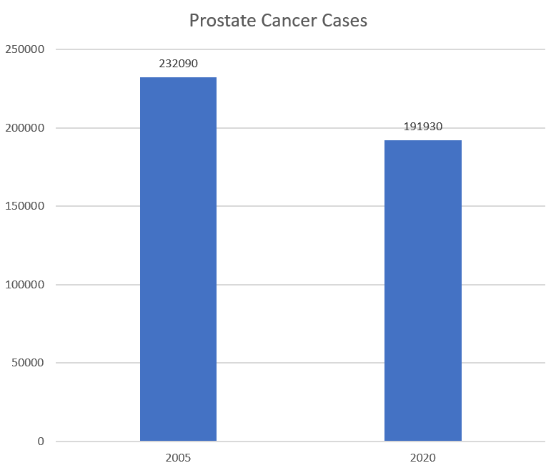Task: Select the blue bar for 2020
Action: click(x=423, y=290)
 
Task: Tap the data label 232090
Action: click(x=178, y=64)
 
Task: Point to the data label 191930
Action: click(x=423, y=127)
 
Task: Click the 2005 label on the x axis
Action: click(x=178, y=457)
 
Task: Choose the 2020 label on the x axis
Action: click(x=423, y=457)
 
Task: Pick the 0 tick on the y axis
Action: click(x=40, y=442)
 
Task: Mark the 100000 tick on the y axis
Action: click(x=26, y=285)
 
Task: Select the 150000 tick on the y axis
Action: click(x=26, y=206)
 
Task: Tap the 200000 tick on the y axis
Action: click(x=26, y=128)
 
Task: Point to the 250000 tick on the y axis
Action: click(x=26, y=49)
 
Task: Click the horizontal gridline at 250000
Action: click(x=300, y=49)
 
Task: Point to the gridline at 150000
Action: click(x=300, y=206)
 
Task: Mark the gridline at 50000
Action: click(x=300, y=363)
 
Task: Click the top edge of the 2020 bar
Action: click(x=423, y=141)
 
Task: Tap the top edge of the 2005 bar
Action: click(x=178, y=78)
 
